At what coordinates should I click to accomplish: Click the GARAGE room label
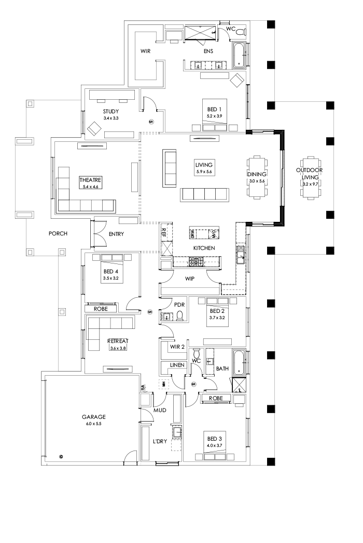pos(93,416)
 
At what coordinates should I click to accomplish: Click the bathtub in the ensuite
pos(239,56)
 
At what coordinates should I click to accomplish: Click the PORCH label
pos(59,233)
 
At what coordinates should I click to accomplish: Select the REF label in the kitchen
pos(164,232)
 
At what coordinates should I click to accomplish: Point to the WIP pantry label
pos(190,279)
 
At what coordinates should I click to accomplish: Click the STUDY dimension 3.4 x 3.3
pos(111,118)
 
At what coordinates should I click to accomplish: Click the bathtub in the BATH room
pos(239,362)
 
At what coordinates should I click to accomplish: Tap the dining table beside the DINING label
pos(257,177)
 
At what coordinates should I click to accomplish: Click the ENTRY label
pos(117,234)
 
